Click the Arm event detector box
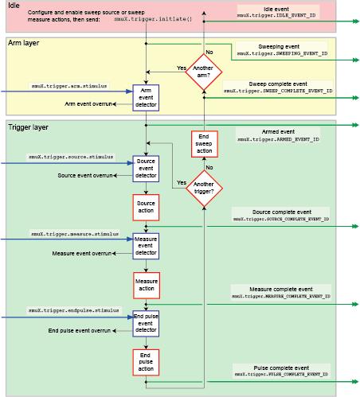coord(146,98)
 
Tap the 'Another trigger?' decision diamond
coord(203,188)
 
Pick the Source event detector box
coord(146,169)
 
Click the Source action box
coord(146,207)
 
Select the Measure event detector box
coord(146,245)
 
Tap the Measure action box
coord(146,283)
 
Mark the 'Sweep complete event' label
coord(272,83)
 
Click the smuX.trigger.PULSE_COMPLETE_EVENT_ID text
coord(280,372)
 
